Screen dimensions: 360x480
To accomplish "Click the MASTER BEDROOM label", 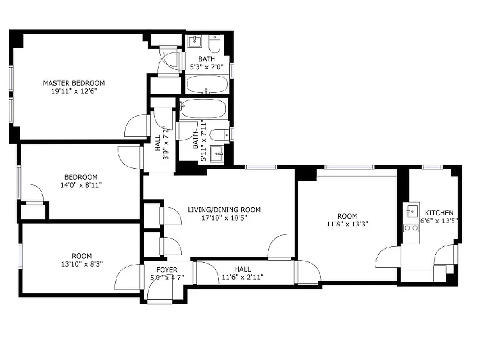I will tap(74, 83).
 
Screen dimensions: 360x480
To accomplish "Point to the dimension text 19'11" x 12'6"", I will tap(74, 90).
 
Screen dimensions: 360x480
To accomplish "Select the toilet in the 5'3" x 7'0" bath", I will tap(215, 44).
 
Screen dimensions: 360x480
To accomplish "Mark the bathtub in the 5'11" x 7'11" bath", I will tap(203, 109).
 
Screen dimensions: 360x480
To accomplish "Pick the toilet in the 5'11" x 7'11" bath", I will tap(221, 134).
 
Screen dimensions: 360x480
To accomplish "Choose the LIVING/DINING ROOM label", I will tap(224, 210).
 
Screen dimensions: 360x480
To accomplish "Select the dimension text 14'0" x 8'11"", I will tap(81, 184).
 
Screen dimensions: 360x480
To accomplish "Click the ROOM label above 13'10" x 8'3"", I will tap(82, 256).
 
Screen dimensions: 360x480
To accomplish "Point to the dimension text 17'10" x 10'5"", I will tap(224, 217).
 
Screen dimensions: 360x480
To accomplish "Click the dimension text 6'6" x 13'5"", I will tap(439, 220).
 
